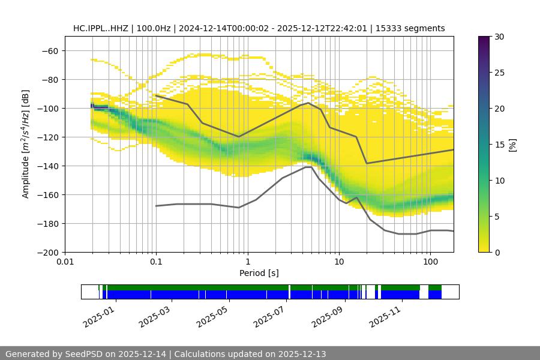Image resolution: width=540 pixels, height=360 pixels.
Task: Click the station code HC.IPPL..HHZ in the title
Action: coord(101,28)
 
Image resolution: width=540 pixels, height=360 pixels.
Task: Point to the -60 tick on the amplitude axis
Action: coord(50,50)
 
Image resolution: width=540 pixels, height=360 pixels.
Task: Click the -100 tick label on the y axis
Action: coord(47,108)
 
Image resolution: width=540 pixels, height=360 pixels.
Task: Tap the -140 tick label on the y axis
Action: coord(47,166)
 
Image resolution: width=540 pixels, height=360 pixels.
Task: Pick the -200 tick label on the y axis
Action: coord(47,252)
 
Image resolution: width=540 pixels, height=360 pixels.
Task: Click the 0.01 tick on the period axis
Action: coord(65,262)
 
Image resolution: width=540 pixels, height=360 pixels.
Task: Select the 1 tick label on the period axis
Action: coord(247,262)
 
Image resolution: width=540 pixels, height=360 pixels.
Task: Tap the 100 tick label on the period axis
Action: coord(430,262)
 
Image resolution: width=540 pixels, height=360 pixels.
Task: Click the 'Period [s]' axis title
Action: coord(259,273)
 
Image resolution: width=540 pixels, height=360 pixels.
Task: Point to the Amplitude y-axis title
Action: coord(26,144)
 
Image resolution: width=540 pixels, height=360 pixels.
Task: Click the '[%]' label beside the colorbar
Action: coord(513,144)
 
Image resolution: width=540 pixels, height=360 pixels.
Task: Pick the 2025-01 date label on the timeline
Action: coord(97,316)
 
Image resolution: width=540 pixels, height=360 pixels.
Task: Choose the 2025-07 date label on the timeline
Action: coord(268,316)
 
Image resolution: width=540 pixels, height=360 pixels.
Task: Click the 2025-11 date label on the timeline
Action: coord(384,316)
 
